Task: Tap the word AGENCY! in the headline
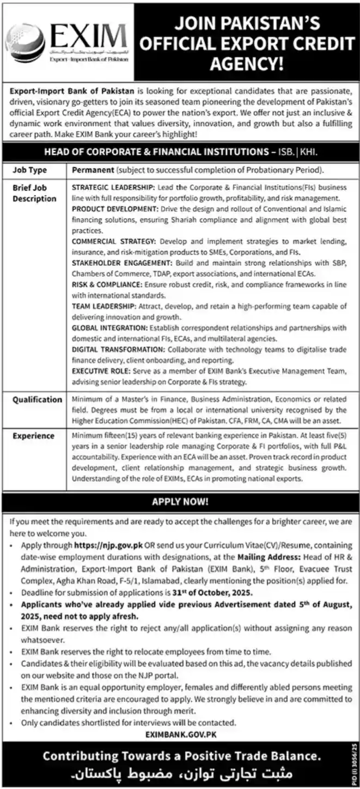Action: click(246, 64)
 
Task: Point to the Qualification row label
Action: click(38, 399)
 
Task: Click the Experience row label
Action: click(34, 435)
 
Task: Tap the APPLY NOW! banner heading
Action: click(180, 501)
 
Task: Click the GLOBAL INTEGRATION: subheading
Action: click(109, 327)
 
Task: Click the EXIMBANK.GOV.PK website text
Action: click(181, 735)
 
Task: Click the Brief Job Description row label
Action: click(34, 193)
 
